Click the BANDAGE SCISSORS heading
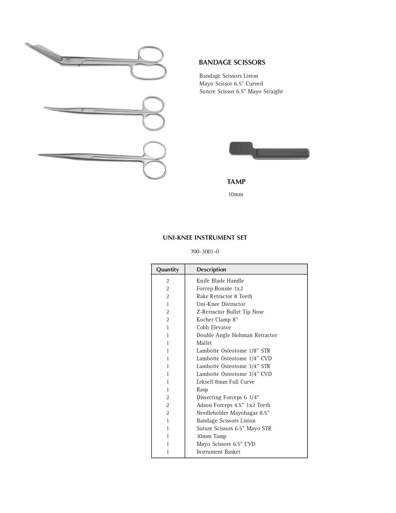tap(232, 62)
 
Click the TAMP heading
tap(236, 182)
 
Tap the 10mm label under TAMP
tap(235, 195)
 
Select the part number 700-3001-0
tap(205, 252)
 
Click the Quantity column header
tap(167, 270)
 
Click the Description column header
tap(211, 270)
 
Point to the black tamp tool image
tap(269, 151)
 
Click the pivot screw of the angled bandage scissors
tap(68, 60)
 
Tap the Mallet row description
tap(204, 343)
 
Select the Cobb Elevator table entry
tap(214, 327)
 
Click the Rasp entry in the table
tap(202, 390)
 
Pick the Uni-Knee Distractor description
tap(221, 304)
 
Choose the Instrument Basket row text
tap(218, 452)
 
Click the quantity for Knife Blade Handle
tap(168, 281)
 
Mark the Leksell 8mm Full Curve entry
tap(225, 382)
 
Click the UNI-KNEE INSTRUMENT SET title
tap(205, 238)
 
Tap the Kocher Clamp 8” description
tap(217, 320)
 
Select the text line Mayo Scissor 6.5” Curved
tap(231, 84)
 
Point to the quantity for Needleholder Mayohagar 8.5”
tap(168, 413)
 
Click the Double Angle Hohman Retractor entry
tap(236, 335)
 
